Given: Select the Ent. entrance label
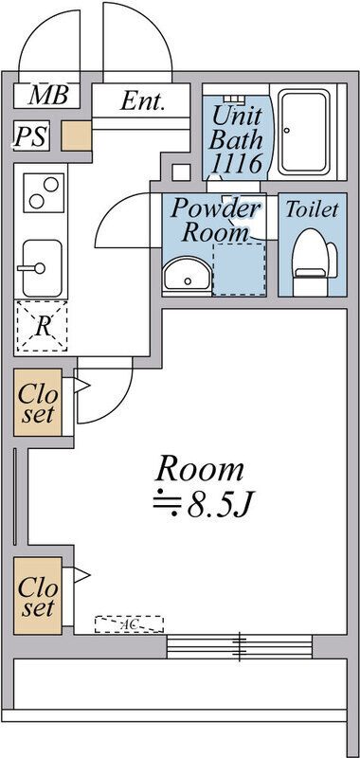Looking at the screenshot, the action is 142,101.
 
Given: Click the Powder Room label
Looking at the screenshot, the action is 215,220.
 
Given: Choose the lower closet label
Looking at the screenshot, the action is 37,596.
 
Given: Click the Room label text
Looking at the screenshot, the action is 200,468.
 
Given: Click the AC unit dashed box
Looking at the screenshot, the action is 128,624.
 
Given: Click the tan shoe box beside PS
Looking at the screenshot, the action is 76,135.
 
